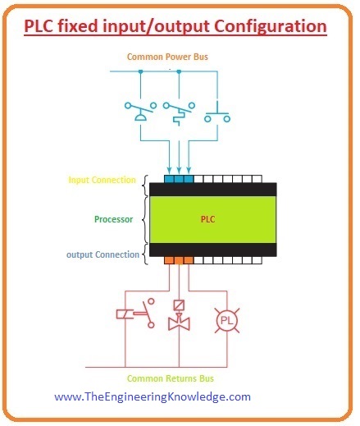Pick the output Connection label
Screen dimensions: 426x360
(x=103, y=254)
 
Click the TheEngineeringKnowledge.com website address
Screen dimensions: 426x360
(x=153, y=396)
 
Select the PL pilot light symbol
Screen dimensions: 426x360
(x=226, y=318)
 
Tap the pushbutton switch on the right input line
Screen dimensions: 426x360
(x=217, y=111)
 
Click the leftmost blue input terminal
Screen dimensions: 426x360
(x=169, y=177)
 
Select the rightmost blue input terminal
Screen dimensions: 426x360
(x=189, y=177)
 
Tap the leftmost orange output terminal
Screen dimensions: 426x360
(x=169, y=260)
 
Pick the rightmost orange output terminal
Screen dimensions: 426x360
(x=189, y=260)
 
